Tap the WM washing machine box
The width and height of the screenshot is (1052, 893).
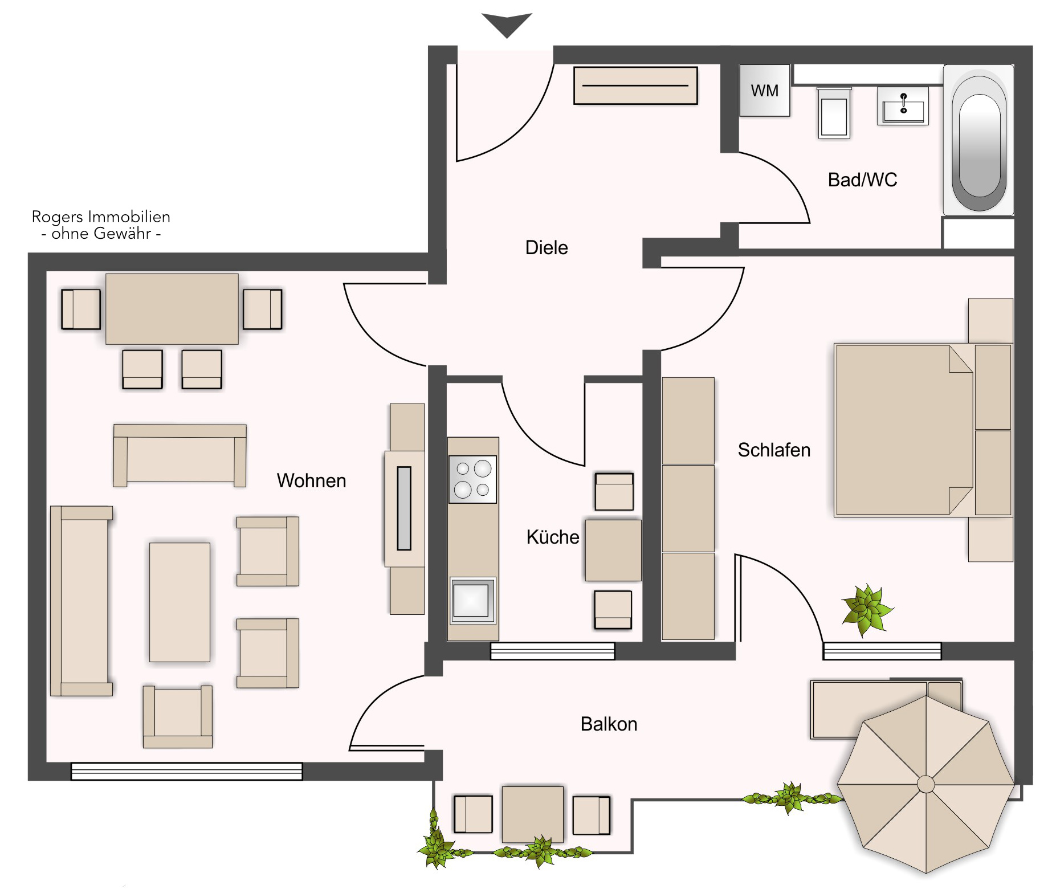click(765, 91)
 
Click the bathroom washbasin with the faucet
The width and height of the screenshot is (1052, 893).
click(903, 106)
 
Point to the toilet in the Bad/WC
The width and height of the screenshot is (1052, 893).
click(834, 113)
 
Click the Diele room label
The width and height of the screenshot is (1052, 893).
click(547, 248)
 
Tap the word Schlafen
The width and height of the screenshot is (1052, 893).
click(774, 450)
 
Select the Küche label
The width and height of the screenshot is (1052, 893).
click(553, 537)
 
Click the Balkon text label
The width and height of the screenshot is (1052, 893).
click(609, 724)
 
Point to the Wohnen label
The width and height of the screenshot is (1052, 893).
click(311, 481)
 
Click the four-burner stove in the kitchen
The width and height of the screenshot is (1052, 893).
click(472, 479)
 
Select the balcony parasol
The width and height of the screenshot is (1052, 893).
click(926, 784)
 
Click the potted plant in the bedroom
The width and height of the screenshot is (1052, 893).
click(867, 610)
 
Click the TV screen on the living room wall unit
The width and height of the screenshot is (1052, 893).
click(404, 508)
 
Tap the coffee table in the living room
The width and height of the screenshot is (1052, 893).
click(180, 602)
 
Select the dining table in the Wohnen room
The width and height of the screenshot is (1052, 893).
click(172, 309)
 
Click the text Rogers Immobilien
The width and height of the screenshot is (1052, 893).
click(101, 217)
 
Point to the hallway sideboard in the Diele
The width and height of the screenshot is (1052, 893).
click(635, 85)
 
